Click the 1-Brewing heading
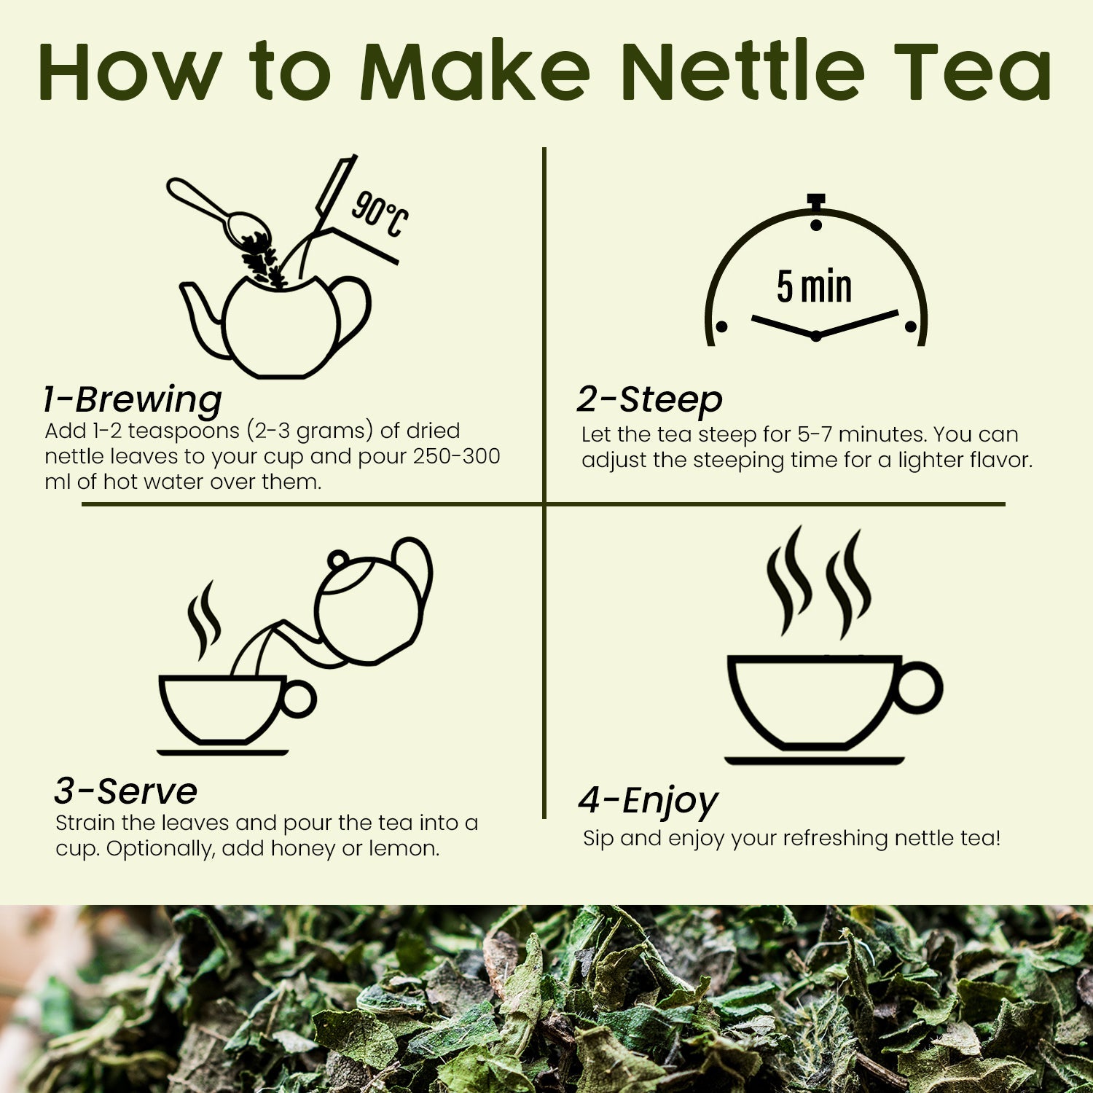click(133, 399)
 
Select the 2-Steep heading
click(649, 399)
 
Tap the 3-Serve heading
click(125, 791)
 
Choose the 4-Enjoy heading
click(648, 800)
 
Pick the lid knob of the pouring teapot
click(337, 560)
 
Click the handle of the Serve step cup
click(299, 700)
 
